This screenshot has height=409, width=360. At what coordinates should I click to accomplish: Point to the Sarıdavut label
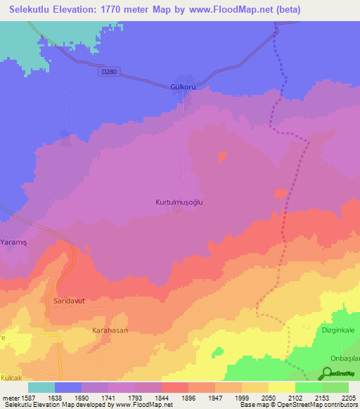tap(69, 300)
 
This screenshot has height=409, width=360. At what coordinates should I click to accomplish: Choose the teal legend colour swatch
tap(41, 387)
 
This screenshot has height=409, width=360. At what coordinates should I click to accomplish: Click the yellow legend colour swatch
tap(282, 387)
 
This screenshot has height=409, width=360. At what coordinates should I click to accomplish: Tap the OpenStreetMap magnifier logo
tap(328, 375)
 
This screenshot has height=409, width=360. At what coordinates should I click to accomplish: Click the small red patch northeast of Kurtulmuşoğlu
tap(223, 156)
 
